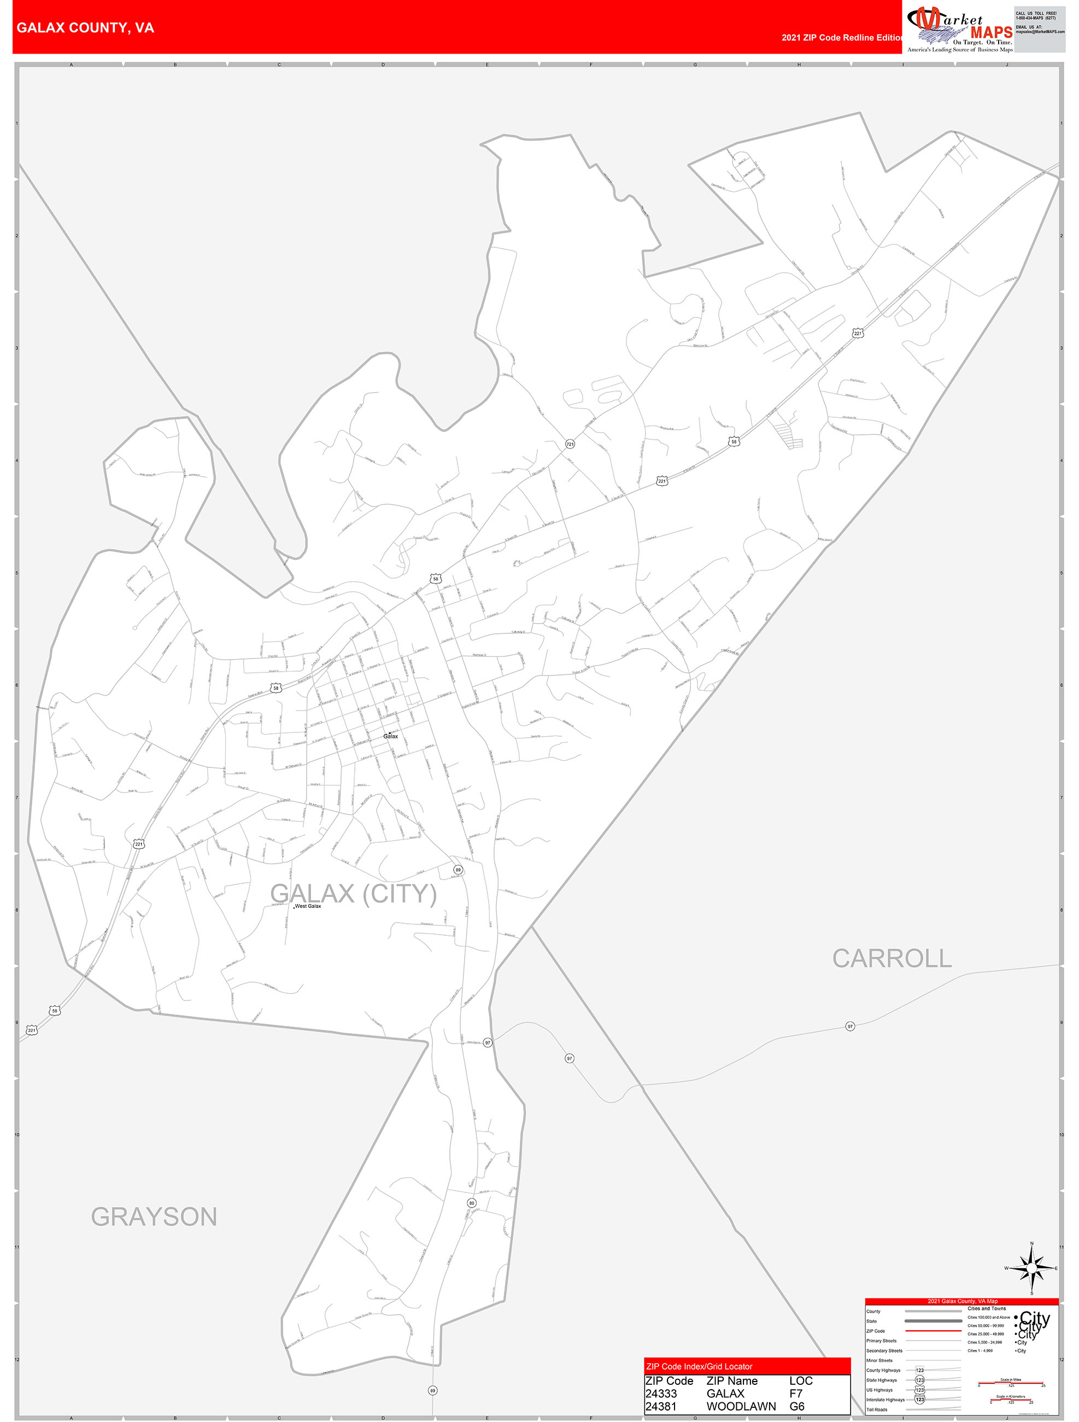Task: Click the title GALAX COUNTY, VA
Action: click(x=85, y=28)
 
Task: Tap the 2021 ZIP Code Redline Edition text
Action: click(x=841, y=37)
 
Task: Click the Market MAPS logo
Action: click(x=959, y=29)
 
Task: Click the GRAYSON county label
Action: click(x=154, y=1217)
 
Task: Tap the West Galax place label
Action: click(x=308, y=906)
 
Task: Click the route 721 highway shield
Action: click(x=570, y=444)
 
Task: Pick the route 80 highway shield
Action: click(x=472, y=1203)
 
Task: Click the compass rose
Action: click(x=1031, y=1268)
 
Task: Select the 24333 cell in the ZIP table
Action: click(x=661, y=1393)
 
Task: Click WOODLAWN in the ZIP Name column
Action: click(x=741, y=1406)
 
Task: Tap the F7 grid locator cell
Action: click(x=796, y=1393)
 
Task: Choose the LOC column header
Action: click(x=801, y=1380)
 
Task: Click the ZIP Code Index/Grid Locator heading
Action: click(x=699, y=1366)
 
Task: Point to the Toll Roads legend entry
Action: click(x=877, y=1409)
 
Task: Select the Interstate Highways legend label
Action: click(x=885, y=1400)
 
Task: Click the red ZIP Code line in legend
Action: click(x=933, y=1331)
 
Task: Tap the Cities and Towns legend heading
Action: click(x=987, y=1308)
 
